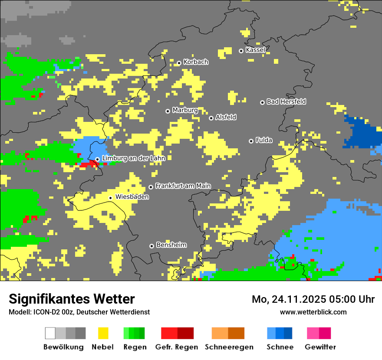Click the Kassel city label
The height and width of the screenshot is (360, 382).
pyautogui.click(x=255, y=50)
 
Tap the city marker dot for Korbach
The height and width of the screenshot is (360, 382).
pyautogui.click(x=179, y=63)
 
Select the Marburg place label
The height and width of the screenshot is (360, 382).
pyautogui.click(x=185, y=110)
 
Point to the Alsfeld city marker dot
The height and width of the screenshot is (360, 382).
pyautogui.click(x=211, y=118)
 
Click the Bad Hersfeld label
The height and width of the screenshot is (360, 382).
pyautogui.click(x=286, y=101)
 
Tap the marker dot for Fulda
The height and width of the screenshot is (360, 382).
pyautogui.click(x=251, y=141)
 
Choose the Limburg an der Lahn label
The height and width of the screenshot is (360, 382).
pyautogui.click(x=133, y=158)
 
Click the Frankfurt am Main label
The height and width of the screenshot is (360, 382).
pyautogui.click(x=183, y=186)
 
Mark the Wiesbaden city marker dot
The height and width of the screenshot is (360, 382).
pyautogui.click(x=111, y=198)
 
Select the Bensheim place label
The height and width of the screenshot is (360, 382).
pyautogui.click(x=171, y=245)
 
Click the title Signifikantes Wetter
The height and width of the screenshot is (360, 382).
pyautogui.click(x=72, y=299)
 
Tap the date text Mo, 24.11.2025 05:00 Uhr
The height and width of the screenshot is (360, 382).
pyautogui.click(x=313, y=299)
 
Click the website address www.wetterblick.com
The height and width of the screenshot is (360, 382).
pyautogui.click(x=313, y=312)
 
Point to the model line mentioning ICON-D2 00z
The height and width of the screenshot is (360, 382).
pyautogui.click(x=79, y=312)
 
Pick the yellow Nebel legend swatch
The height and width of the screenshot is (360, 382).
pyautogui.click(x=103, y=333)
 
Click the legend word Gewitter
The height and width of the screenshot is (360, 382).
pyautogui.click(x=320, y=347)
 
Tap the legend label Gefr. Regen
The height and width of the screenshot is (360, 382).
pyautogui.click(x=177, y=347)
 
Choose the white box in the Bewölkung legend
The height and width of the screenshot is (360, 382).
pyautogui.click(x=50, y=333)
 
